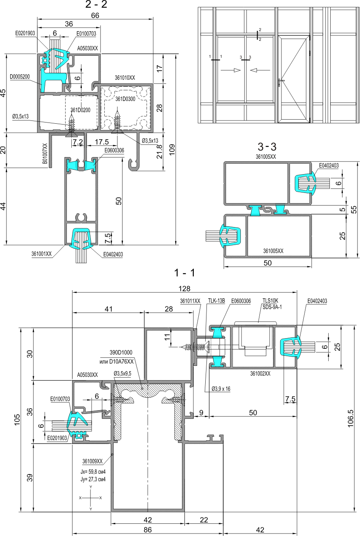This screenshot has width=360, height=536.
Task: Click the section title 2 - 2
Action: [96, 4]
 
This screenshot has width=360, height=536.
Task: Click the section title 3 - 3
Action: [267, 147]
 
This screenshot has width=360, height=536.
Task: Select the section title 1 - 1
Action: [184, 273]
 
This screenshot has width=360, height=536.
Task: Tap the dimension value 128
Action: [184, 289]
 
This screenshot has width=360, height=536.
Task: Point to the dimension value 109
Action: [172, 150]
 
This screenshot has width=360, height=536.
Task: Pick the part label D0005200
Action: [20, 77]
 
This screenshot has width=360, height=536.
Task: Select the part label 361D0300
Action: [125, 99]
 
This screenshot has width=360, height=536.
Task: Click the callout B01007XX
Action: [45, 153]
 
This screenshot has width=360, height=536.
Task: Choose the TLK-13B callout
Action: [216, 301]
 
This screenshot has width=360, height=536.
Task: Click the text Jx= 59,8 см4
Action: [93, 472]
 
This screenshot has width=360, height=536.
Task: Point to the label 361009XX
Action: [92, 461]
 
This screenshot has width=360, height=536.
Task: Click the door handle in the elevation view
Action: [281, 83]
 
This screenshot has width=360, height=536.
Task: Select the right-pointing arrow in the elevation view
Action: [230, 70]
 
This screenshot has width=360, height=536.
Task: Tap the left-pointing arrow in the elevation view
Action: [260, 70]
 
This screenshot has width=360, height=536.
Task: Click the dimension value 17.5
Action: [102, 142]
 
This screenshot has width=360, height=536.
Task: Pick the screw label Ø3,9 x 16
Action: [221, 389]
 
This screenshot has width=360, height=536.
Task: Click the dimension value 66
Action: [95, 15]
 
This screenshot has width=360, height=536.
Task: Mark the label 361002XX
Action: [260, 374]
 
